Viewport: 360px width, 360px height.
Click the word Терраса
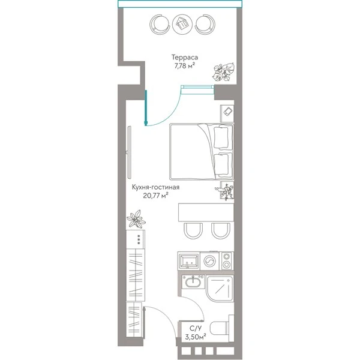[x=185, y=57]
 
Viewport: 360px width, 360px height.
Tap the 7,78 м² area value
[x=185, y=66]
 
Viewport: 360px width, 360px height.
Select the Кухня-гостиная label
[x=155, y=187]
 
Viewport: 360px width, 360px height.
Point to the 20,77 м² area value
[x=155, y=196]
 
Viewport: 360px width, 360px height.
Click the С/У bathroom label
[x=194, y=328]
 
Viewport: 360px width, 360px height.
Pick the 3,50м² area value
[x=196, y=337]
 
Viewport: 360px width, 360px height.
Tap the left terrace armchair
[x=160, y=24]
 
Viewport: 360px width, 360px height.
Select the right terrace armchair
[x=205, y=24]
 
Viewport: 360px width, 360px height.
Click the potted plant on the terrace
[x=224, y=72]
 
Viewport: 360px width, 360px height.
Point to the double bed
[x=202, y=152]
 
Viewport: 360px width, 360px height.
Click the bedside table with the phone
[x=227, y=113]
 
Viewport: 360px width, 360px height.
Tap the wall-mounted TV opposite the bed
[x=129, y=152]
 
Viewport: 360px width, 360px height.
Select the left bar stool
[x=193, y=231]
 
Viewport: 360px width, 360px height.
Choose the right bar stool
[x=221, y=231]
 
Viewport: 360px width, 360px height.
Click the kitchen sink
[x=189, y=261]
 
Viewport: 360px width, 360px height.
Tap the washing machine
[x=209, y=261]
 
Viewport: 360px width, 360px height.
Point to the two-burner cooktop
[x=227, y=261]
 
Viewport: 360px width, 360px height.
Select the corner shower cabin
[x=220, y=288]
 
